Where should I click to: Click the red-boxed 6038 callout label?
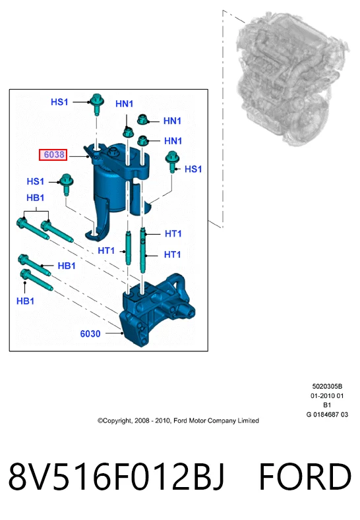coord(53,154)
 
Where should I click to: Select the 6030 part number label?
coord(90,333)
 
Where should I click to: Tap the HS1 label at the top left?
coord(59,101)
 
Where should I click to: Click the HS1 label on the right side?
coord(193,169)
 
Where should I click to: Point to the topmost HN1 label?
coord(124,103)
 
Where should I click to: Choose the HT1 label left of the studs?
coord(106,250)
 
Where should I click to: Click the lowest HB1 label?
coord(26,301)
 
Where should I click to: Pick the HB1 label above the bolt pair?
coord(36,198)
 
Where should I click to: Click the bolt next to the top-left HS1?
coord(96,103)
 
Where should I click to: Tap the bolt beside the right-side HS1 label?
coord(172,161)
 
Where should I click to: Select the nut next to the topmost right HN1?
coord(142,119)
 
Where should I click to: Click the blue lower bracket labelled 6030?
coord(158,310)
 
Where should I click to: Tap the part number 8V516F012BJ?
coord(116,477)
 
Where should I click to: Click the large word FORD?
coord(305,477)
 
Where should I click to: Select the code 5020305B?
coord(327,386)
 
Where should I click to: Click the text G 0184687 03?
coord(327,414)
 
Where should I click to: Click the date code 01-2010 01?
coord(327,395)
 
